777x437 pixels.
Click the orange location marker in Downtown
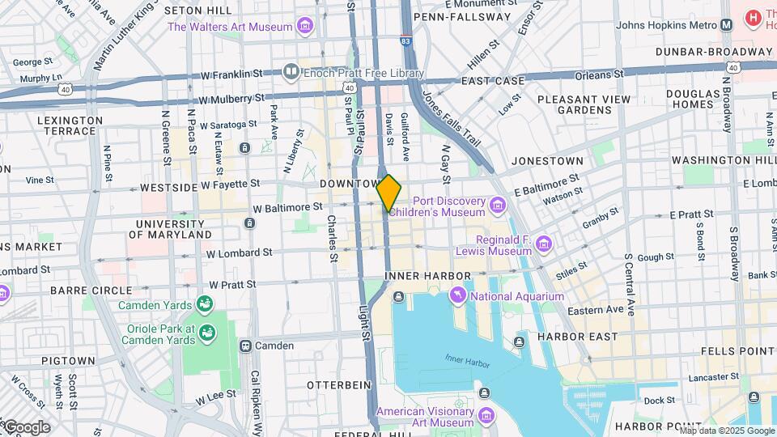(388, 193)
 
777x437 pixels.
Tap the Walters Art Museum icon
(305, 27)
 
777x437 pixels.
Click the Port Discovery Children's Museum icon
(498, 206)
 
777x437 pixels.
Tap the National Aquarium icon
(459, 295)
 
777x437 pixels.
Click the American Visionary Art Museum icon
(486, 416)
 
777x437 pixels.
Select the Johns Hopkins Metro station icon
(726, 24)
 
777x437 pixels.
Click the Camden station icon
(244, 346)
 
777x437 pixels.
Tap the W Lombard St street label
(239, 253)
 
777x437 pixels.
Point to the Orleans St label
(599, 74)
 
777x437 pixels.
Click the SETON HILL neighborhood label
(195, 11)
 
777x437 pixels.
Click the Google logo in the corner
(26, 426)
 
